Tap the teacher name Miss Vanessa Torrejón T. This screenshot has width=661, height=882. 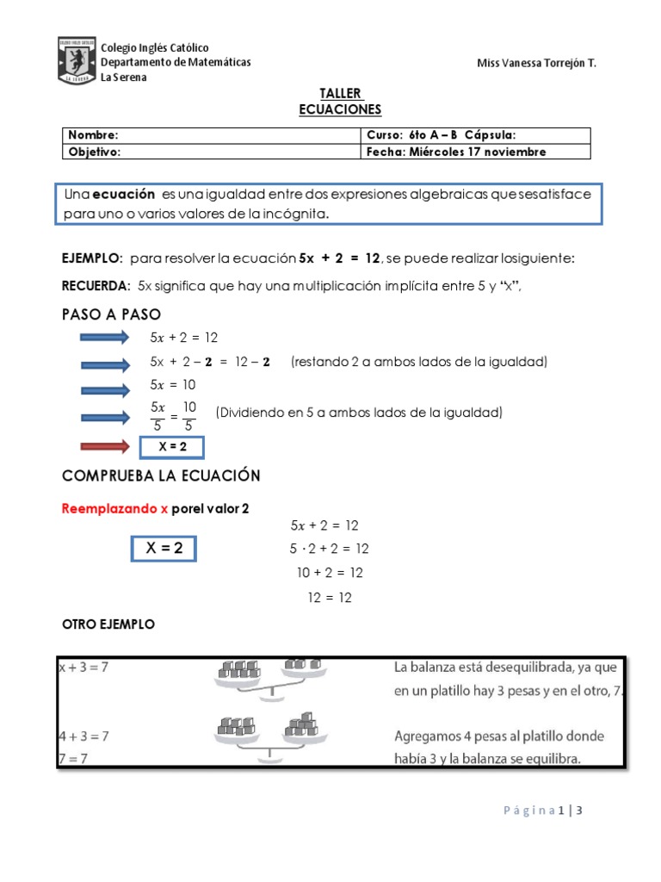(x=535, y=65)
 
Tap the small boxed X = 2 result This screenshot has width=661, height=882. (x=172, y=446)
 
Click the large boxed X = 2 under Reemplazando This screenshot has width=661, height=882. (x=163, y=548)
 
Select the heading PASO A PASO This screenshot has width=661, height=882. (x=111, y=314)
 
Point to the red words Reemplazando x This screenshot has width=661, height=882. (x=114, y=508)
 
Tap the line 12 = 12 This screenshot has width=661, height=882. (x=330, y=597)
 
